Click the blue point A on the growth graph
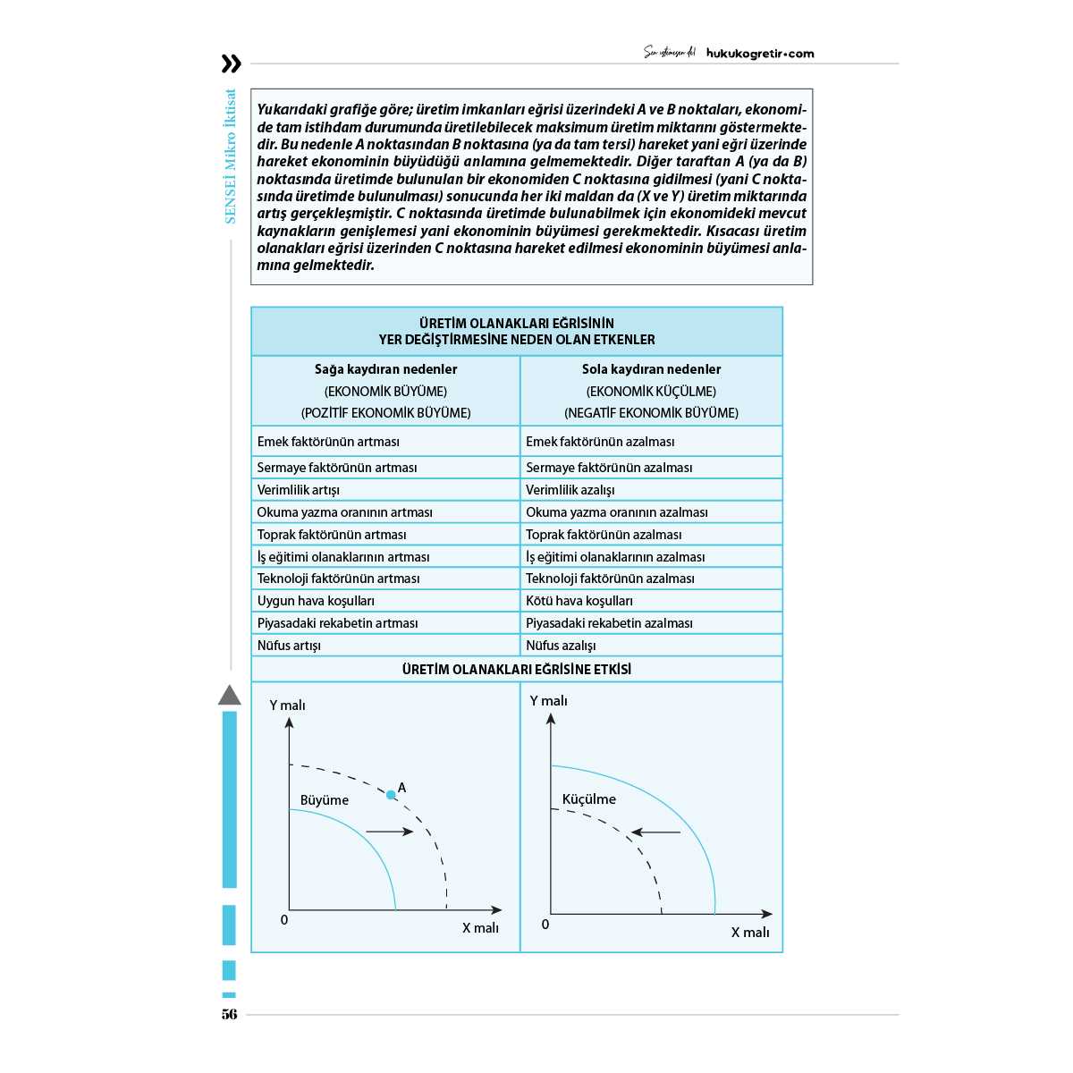click(x=391, y=794)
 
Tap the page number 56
click(x=230, y=1014)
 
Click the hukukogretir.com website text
click(x=760, y=54)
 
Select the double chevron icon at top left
click(x=231, y=63)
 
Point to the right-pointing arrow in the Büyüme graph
click(x=390, y=832)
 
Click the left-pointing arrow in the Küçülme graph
click(x=655, y=832)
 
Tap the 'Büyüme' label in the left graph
click(x=325, y=800)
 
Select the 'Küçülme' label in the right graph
click(x=588, y=799)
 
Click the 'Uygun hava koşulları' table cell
click(x=316, y=601)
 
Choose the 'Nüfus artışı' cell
click(x=289, y=646)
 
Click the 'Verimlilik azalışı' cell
click(x=570, y=490)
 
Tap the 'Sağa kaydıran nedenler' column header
click(x=385, y=369)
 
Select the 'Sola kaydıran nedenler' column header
click(x=651, y=369)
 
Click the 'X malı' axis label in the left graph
click(x=480, y=928)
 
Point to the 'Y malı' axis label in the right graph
click(x=548, y=701)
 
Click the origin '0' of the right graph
click(x=545, y=925)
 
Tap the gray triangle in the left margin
click(x=230, y=695)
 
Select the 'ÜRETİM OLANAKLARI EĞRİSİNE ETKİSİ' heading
click(x=517, y=669)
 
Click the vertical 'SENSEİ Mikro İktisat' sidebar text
click(x=231, y=156)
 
